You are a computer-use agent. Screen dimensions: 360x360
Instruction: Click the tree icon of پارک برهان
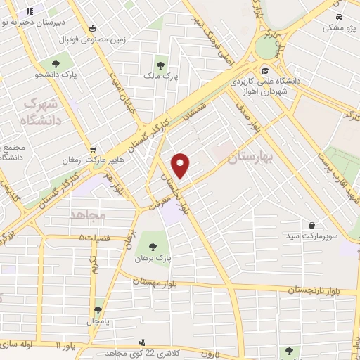(x=153, y=246)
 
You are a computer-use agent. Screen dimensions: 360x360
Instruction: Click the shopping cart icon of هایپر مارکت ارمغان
(x=94, y=149)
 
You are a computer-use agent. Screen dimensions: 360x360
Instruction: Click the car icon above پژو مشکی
(x=340, y=17)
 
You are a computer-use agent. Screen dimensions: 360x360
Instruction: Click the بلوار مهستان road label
(x=159, y=281)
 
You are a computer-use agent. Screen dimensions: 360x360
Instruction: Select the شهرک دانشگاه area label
(x=42, y=112)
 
